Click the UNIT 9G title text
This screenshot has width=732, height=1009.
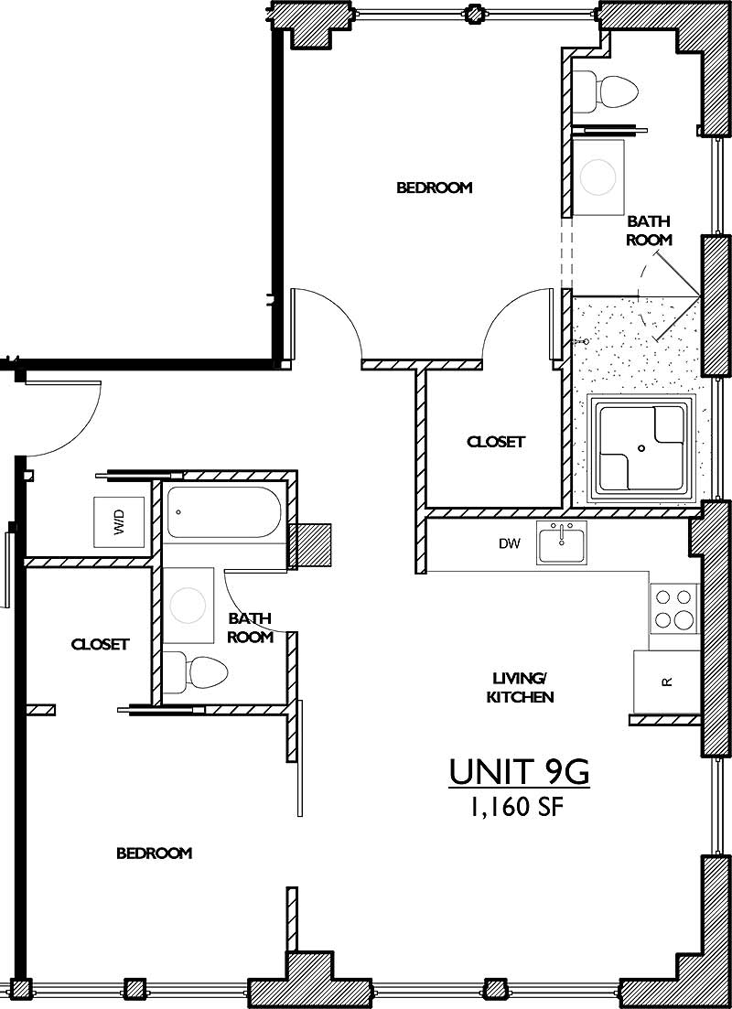point(519,772)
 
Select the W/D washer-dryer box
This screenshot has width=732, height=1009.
point(119,522)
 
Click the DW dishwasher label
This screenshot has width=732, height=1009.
point(509,544)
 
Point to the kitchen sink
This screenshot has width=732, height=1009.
point(562,543)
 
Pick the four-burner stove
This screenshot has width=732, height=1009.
point(674,608)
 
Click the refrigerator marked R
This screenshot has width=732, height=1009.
point(667,682)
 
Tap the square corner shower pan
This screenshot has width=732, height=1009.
point(641,447)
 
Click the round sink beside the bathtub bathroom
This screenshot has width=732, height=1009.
point(188,603)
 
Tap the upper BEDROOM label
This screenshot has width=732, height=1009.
point(434,188)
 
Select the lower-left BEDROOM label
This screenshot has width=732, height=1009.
point(154,853)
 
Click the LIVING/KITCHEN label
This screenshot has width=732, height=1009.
point(522,687)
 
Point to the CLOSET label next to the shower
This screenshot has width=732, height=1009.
point(496,441)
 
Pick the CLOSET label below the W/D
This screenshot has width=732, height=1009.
point(100,644)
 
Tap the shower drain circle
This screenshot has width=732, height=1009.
point(641,447)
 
